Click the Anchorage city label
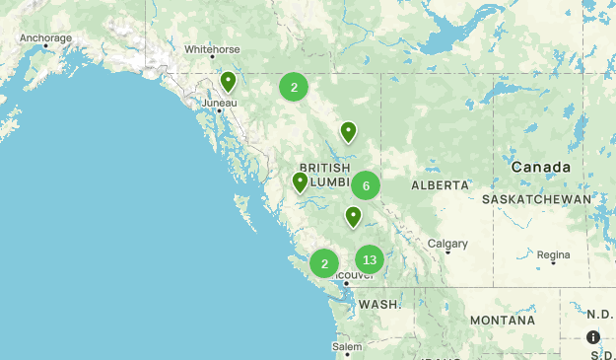pyautogui.click(x=45, y=38)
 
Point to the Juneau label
pyautogui.click(x=220, y=102)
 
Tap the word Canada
pyautogui.click(x=541, y=168)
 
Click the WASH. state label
pyautogui.click(x=379, y=305)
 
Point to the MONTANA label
pyautogui.click(x=502, y=321)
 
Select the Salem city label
pyautogui.click(x=347, y=347)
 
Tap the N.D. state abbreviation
pyautogui.click(x=599, y=315)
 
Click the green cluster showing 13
pyautogui.click(x=370, y=260)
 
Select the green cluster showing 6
pyautogui.click(x=366, y=185)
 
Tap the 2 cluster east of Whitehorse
pyautogui.click(x=294, y=87)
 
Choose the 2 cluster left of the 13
pyautogui.click(x=324, y=263)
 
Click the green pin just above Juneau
pyautogui.click(x=229, y=82)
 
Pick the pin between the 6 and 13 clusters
pyautogui.click(x=353, y=216)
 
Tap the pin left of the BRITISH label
pyautogui.click(x=301, y=182)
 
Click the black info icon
pyautogui.click(x=593, y=337)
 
